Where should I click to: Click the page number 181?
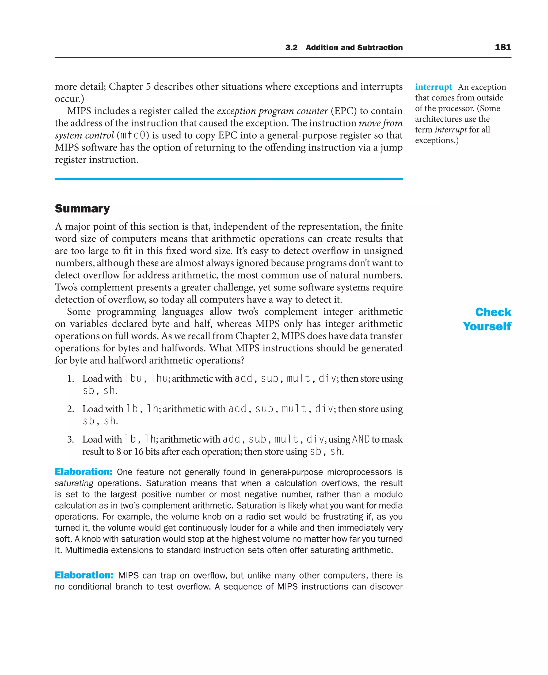click(503, 47)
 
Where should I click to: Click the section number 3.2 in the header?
click(291, 48)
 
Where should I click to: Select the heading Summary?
click(82, 208)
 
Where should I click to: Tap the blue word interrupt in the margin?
click(433, 87)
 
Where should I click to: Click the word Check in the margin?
click(493, 312)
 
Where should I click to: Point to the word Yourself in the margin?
click(487, 326)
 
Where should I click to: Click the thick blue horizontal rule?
click(229, 179)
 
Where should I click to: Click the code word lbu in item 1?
click(133, 378)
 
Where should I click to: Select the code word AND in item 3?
click(360, 439)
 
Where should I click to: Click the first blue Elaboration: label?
click(83, 472)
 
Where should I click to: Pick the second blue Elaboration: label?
click(84, 575)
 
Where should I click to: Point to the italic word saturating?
click(74, 483)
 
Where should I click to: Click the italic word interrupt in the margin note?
click(450, 130)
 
